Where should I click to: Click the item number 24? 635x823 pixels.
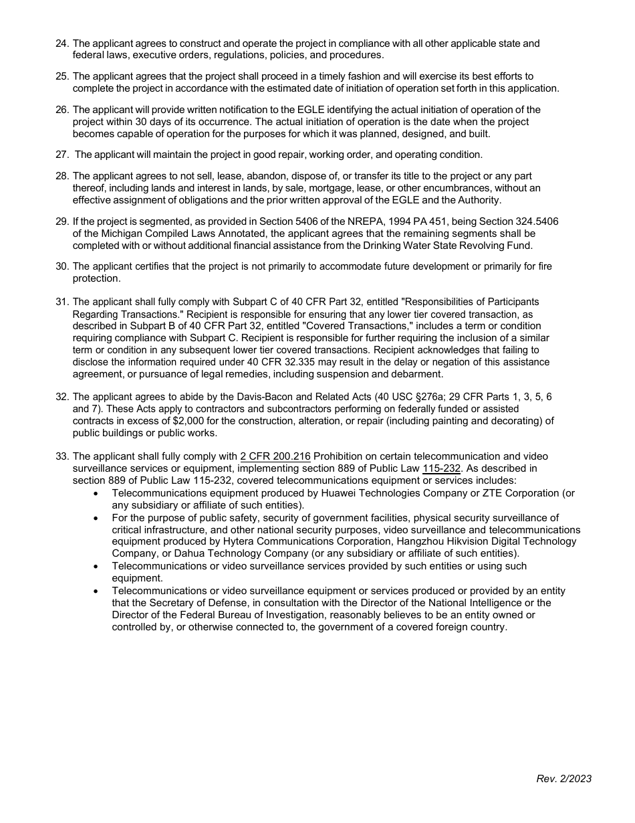pyautogui.click(x=61, y=43)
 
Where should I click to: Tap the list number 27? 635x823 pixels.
pyautogui.click(x=61, y=155)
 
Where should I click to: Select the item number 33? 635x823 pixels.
pyautogui.click(x=61, y=457)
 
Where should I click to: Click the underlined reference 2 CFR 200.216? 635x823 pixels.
pyautogui.click(x=275, y=457)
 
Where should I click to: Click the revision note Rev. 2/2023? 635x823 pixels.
pyautogui.click(x=563, y=778)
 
